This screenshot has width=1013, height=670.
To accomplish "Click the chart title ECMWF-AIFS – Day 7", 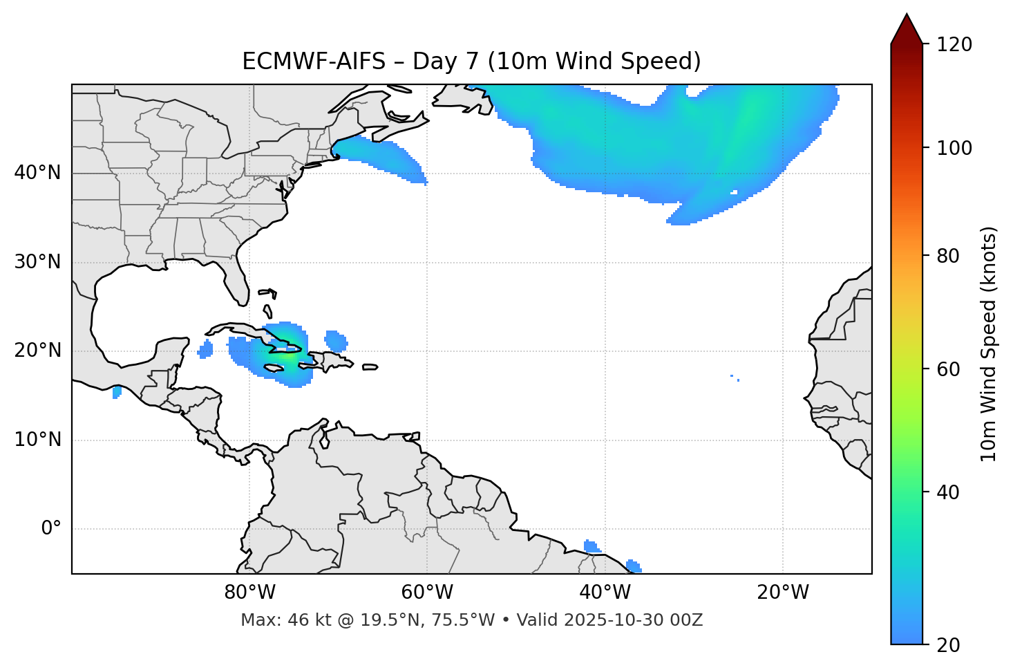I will point(471,62).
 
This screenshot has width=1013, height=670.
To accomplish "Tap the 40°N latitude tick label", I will point(37,173).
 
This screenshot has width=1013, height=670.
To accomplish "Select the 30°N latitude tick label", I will point(37,262).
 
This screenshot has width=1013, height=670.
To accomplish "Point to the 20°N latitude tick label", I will point(37,351).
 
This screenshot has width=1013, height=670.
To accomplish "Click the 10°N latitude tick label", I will point(37,440).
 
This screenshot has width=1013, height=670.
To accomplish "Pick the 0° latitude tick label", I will point(51,529).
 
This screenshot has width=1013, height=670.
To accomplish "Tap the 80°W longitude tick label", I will point(249,593).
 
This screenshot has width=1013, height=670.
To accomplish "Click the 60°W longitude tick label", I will point(427,593).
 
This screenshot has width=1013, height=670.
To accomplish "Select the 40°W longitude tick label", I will point(605,593).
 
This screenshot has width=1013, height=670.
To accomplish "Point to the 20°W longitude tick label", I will point(782,593).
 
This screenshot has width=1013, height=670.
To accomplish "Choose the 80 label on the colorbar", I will point(949,256).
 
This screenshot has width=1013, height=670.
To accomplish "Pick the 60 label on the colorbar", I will point(949,369).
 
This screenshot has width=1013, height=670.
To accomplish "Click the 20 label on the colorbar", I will point(949,645).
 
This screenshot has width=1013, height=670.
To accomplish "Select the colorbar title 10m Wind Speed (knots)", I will point(989,344).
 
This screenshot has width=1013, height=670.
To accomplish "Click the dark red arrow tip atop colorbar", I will point(907,28).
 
